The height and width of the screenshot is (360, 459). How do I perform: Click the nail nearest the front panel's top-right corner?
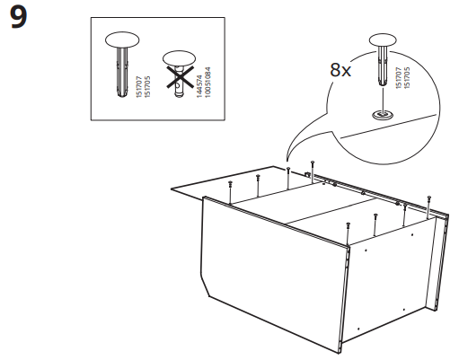[x=347, y=221]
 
